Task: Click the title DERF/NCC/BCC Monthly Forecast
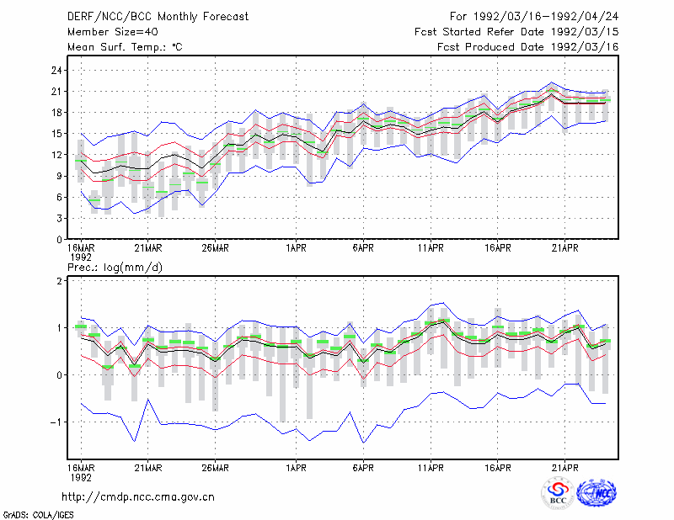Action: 158,17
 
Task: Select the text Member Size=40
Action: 113,32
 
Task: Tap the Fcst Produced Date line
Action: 528,47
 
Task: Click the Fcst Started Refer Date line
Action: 516,32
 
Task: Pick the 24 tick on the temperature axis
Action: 56,71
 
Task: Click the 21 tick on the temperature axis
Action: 56,92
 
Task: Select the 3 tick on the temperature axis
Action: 59,219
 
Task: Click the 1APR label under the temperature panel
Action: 296,248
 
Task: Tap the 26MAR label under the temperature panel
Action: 215,248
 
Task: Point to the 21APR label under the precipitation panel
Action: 564,468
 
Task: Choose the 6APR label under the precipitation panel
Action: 363,468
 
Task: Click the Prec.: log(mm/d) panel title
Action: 115,268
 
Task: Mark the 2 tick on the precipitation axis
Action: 59,281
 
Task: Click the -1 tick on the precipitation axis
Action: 56,422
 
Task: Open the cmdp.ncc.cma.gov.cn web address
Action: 138,497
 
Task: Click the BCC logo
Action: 558,493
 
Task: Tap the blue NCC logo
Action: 597,493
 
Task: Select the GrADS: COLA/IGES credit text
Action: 38,515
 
